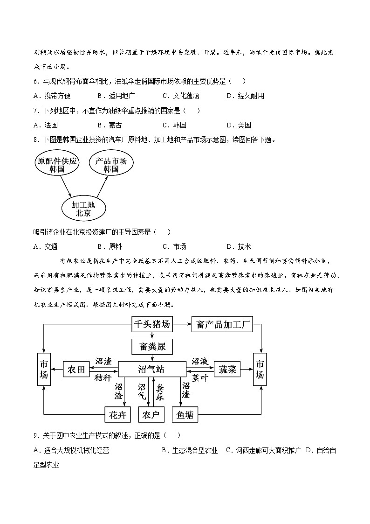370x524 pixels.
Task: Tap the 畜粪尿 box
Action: (x=152, y=347)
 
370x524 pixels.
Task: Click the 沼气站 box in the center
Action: (x=152, y=370)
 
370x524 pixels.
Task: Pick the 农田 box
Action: (x=76, y=370)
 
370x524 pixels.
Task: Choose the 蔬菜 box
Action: (x=227, y=370)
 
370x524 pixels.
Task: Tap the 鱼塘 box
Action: (x=185, y=414)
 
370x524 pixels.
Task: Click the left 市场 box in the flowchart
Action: (x=44, y=370)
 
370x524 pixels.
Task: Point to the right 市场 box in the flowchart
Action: (x=260, y=370)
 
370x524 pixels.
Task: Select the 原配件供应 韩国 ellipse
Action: (x=58, y=165)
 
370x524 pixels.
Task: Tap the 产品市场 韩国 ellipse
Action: (x=111, y=165)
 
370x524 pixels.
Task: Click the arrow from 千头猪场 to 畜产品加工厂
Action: (x=181, y=324)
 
